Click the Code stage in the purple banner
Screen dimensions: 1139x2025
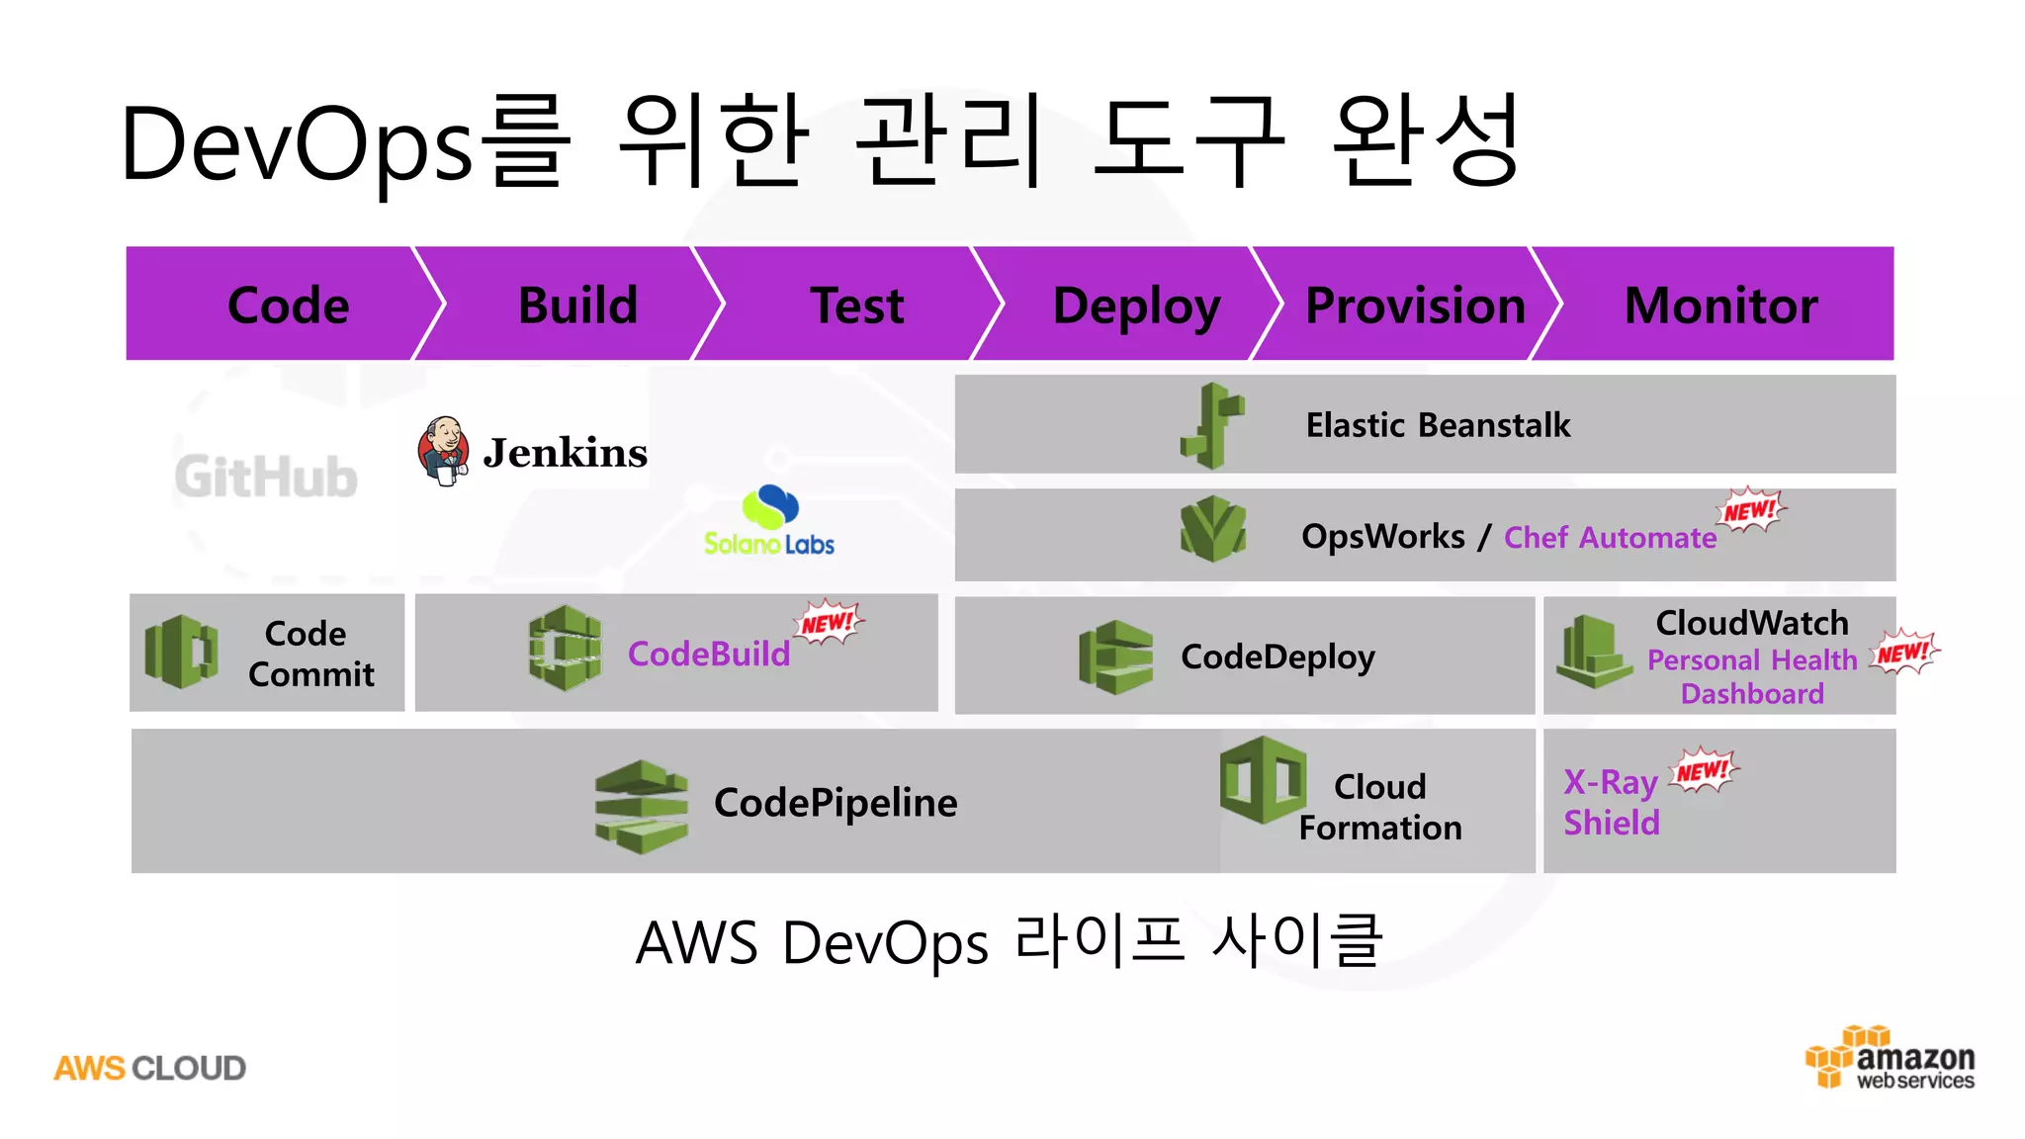[x=288, y=305]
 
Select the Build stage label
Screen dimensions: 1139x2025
[x=577, y=305]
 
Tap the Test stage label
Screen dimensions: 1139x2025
[x=857, y=305]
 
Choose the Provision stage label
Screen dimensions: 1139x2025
[x=1415, y=305]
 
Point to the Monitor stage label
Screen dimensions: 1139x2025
[x=1720, y=305]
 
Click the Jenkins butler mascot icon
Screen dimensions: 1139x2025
[x=444, y=451]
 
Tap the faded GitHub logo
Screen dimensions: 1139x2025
[x=266, y=477]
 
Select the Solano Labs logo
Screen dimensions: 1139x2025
[x=769, y=521]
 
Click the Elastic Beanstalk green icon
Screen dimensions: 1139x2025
[x=1212, y=425]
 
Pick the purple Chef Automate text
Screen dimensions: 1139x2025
[x=1610, y=538]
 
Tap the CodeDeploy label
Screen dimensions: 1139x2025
[x=1277, y=657]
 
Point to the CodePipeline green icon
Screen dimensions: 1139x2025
[x=641, y=806]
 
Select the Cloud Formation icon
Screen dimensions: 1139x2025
[x=1263, y=780]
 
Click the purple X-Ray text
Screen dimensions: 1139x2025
[x=1610, y=782]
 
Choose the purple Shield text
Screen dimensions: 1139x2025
[x=1611, y=823]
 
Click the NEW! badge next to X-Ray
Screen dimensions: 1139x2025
[x=1703, y=770]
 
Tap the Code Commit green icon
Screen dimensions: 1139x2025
[x=181, y=652]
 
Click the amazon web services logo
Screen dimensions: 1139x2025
[x=1890, y=1059]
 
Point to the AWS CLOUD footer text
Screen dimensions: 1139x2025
[x=149, y=1068]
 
